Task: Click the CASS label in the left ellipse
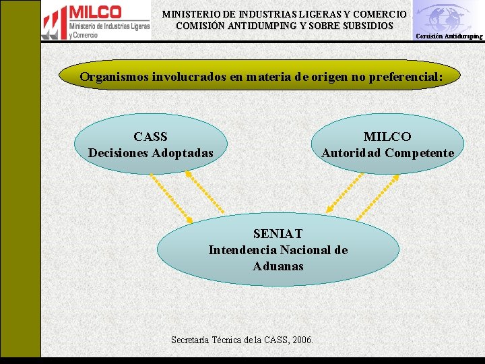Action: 150,137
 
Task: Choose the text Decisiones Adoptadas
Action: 150,153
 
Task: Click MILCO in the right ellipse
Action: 387,137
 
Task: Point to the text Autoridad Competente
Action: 387,153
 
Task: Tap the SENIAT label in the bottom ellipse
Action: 278,234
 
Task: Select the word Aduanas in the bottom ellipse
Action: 278,266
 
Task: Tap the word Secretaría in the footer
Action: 192,340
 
